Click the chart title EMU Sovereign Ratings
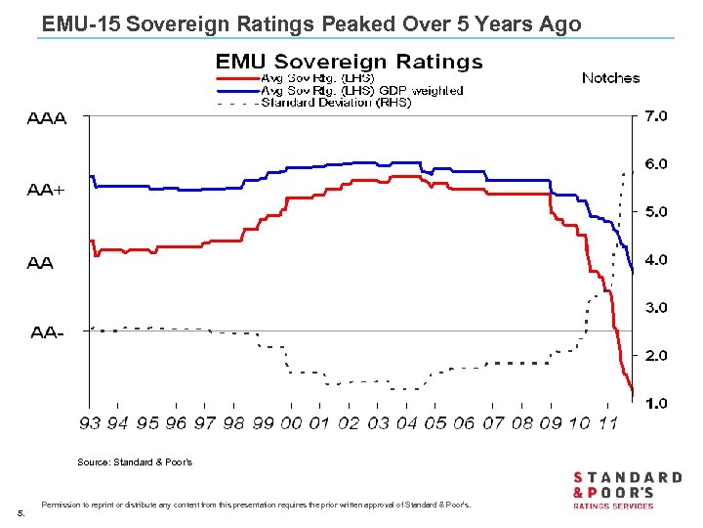pos(349,62)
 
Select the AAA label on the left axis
pos(46,119)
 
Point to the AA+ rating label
pos(46,191)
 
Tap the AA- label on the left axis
pos(47,332)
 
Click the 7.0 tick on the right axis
pos(654,116)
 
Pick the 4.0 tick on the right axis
pos(654,260)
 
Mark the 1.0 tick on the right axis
pos(654,403)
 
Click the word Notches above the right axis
pos(610,78)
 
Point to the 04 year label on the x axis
pos(406,422)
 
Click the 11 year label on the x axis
pos(607,422)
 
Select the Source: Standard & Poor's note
pos(135,462)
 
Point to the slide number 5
pos(21,512)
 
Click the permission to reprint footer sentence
pos(256,505)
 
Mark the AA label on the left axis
pos(41,262)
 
